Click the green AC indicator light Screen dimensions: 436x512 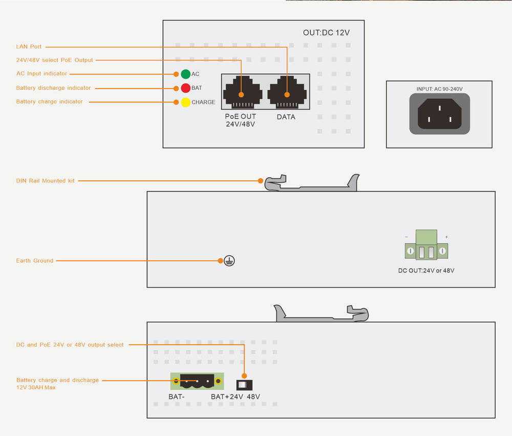186,74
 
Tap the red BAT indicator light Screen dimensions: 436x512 186,88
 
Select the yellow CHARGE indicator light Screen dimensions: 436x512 186,102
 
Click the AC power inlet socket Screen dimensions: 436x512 439,114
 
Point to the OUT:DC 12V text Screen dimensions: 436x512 326,33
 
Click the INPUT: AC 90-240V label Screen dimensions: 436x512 439,89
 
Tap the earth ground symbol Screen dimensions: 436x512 230,261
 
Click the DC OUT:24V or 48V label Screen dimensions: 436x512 426,271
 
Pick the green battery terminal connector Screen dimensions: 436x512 197,381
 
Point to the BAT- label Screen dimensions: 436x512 176,397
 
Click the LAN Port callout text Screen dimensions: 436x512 29,47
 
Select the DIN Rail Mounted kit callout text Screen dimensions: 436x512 45,181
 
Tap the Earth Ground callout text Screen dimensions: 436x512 35,261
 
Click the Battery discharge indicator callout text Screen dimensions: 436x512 53,88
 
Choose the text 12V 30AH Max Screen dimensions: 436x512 36,388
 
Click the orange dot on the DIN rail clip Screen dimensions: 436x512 261,181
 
